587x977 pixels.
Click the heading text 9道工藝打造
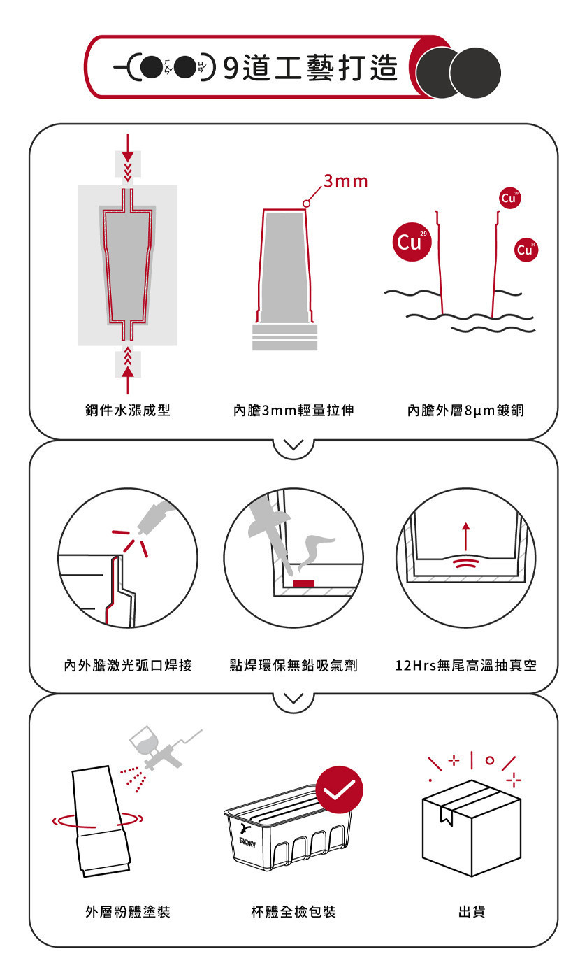tap(310, 68)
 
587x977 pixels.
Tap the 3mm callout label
tap(346, 181)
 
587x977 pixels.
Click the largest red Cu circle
tap(412, 242)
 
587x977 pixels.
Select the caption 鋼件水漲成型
tap(127, 410)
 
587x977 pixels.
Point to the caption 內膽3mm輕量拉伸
tap(293, 410)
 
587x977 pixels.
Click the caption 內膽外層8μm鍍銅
tap(465, 410)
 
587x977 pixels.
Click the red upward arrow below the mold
tap(128, 380)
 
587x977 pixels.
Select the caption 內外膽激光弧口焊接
tap(128, 665)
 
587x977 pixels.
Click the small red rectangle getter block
tap(304, 583)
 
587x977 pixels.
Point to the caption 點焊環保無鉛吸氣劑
tap(293, 665)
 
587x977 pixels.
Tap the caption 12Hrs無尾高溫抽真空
tap(465, 665)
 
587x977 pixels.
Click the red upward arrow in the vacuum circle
tap(466, 536)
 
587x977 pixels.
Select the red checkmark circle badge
tap(339, 790)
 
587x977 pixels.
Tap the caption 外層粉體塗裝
tap(127, 911)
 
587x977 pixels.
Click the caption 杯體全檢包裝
tap(293, 911)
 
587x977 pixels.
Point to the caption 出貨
tap(472, 911)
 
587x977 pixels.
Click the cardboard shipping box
tap(472, 828)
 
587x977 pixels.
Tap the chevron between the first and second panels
tap(293, 445)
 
